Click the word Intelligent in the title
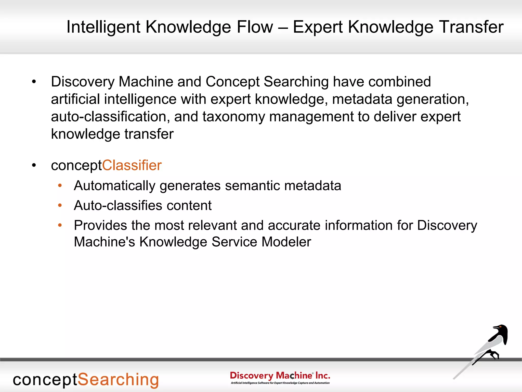pyautogui.click(x=103, y=27)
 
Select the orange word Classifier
pyautogui.click(x=132, y=165)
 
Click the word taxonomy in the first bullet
pyautogui.click(x=233, y=117)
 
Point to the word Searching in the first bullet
pyautogui.click(x=296, y=82)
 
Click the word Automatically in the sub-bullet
pyautogui.click(x=114, y=186)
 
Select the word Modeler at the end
pyautogui.click(x=286, y=242)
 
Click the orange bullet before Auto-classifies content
pyautogui.click(x=60, y=205)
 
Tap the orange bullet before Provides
pyautogui.click(x=60, y=225)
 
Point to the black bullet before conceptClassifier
pyautogui.click(x=34, y=165)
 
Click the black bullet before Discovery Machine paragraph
pyautogui.click(x=34, y=82)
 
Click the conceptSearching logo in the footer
pyautogui.click(x=86, y=380)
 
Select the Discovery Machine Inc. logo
pyautogui.click(x=280, y=377)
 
